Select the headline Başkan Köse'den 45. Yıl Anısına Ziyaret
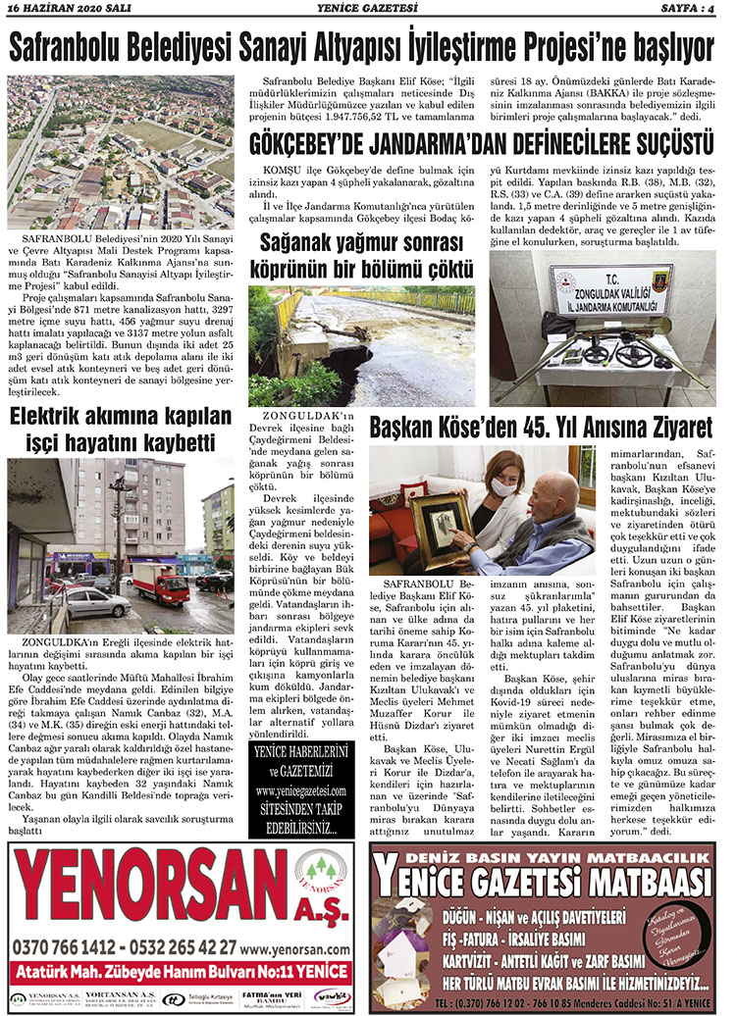tap(541, 428)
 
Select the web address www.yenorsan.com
tap(295, 949)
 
